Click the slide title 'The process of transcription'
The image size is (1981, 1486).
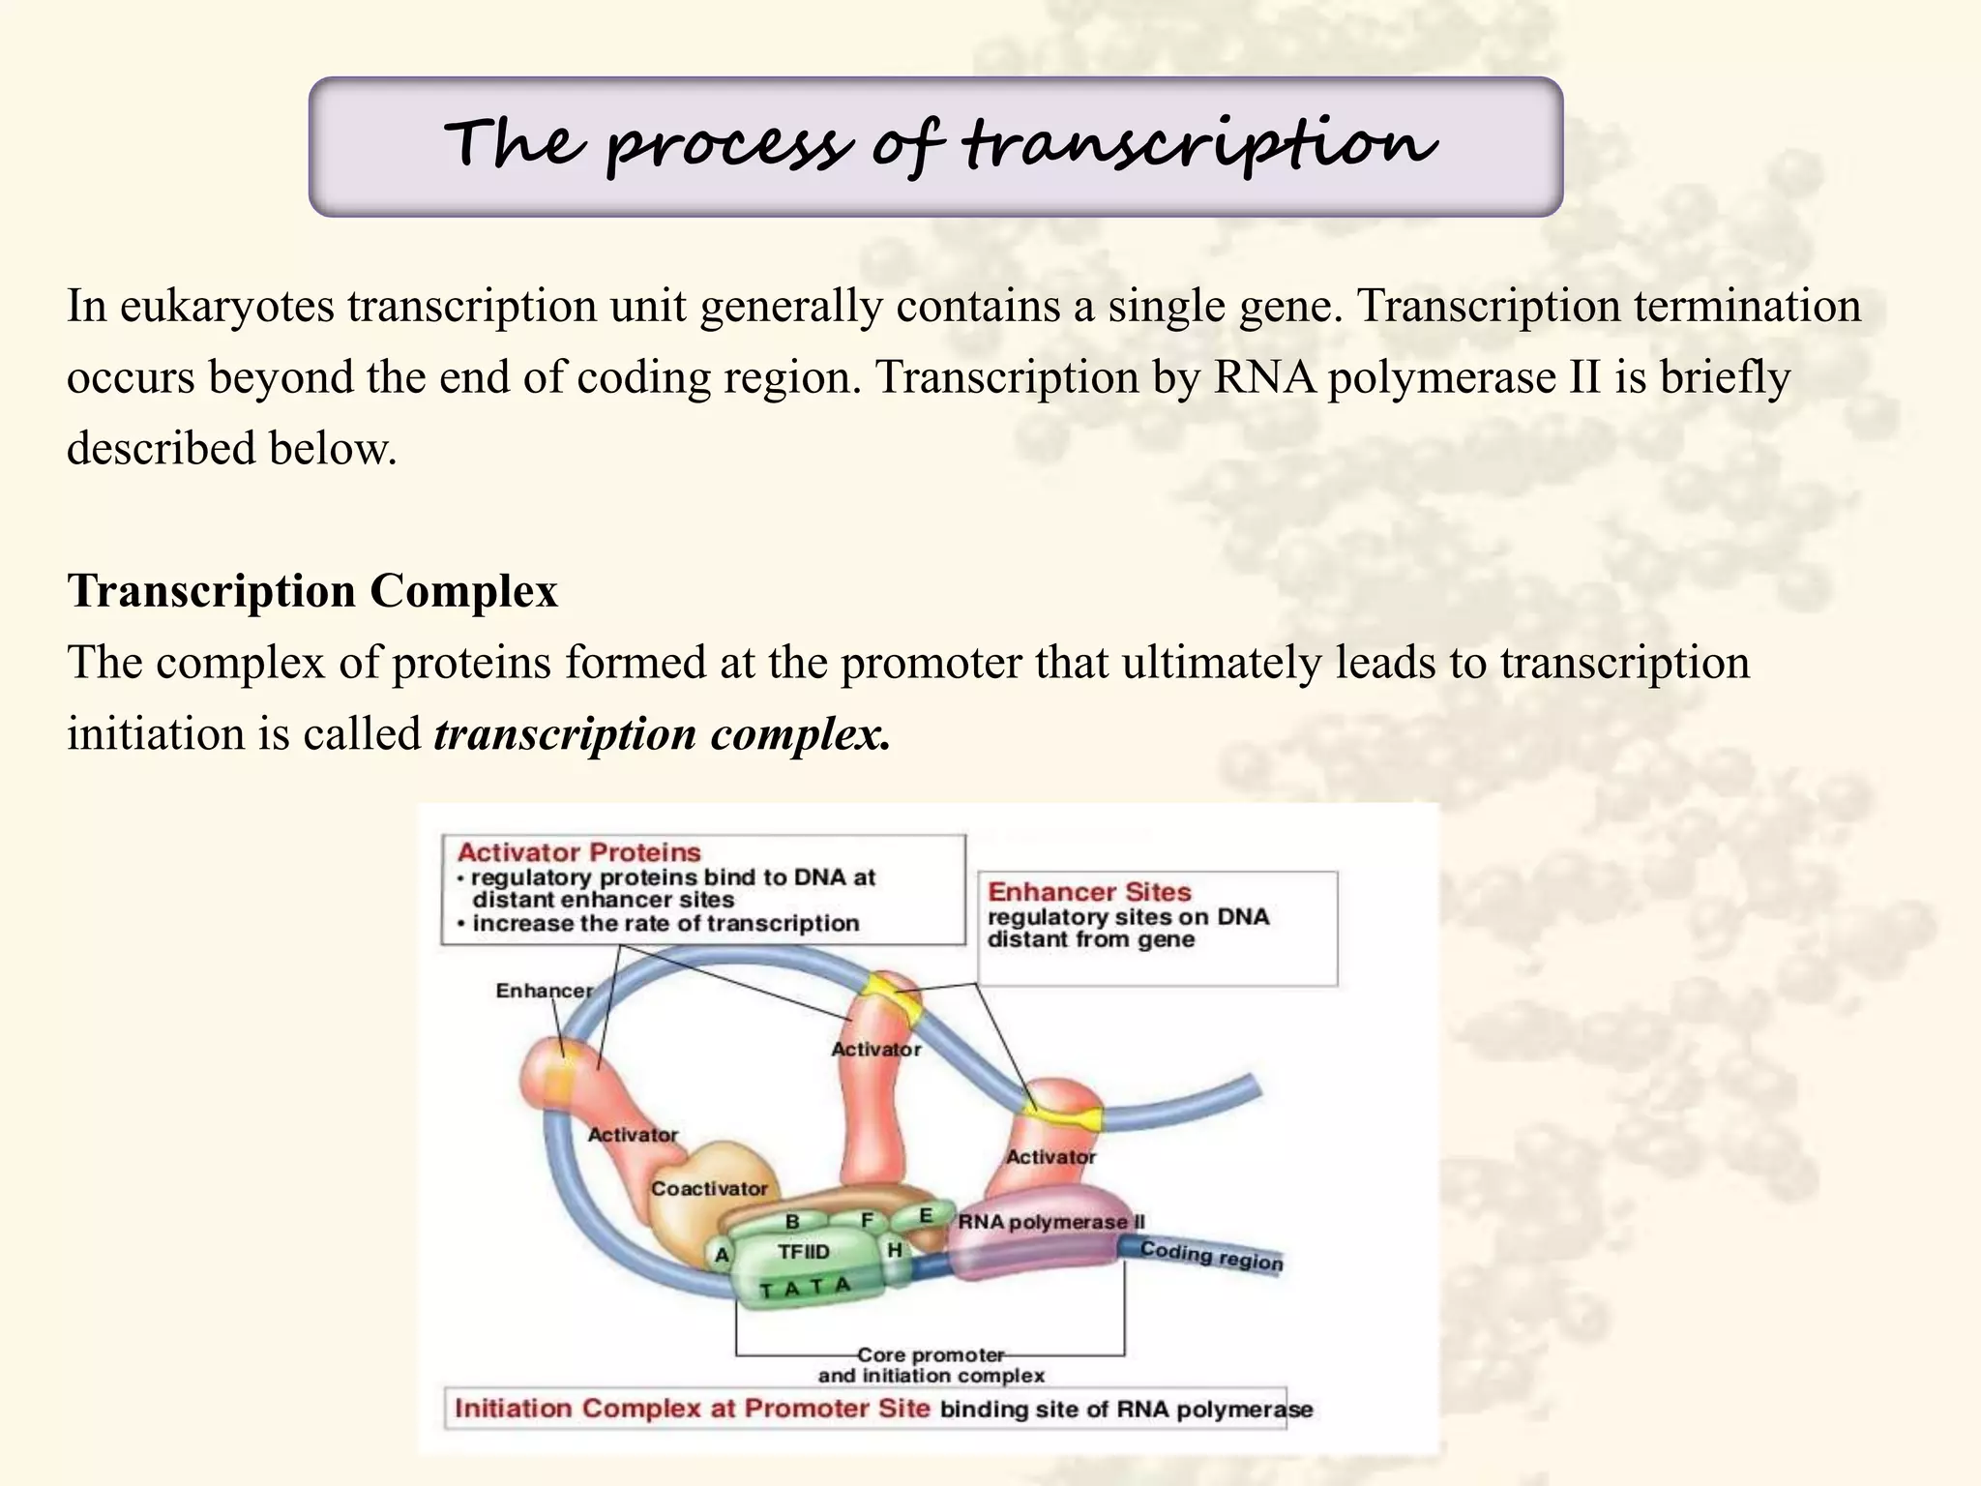click(938, 145)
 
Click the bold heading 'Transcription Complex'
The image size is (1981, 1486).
click(312, 591)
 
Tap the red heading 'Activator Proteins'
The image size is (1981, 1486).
click(578, 852)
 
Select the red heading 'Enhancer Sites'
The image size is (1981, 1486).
click(1089, 892)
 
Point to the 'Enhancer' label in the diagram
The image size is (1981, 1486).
click(544, 991)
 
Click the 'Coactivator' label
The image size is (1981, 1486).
click(709, 1188)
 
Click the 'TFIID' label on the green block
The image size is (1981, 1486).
click(803, 1252)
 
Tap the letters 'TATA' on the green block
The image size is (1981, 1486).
click(805, 1288)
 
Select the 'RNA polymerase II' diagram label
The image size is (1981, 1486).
click(1050, 1222)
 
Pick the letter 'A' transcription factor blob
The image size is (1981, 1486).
click(722, 1256)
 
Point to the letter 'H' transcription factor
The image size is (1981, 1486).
click(895, 1250)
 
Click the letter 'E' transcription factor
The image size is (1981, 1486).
click(925, 1215)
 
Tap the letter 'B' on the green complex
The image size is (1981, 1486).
click(792, 1222)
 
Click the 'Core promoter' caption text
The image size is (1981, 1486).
click(931, 1354)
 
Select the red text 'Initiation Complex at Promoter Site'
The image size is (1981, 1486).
click(692, 1408)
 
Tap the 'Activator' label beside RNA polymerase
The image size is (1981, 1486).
click(1050, 1157)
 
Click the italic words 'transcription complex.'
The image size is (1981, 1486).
click(662, 734)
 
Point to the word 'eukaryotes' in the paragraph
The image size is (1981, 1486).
click(227, 307)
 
